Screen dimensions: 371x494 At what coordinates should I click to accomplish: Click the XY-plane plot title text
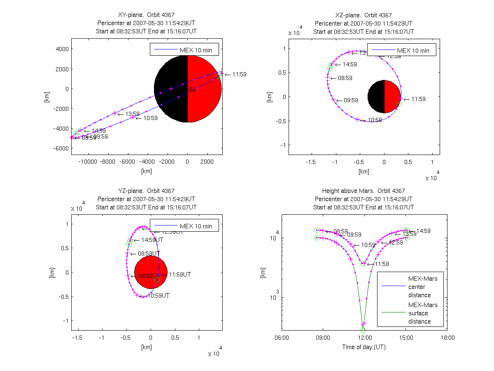pyautogui.click(x=147, y=15)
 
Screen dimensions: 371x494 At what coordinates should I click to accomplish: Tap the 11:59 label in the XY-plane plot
pyautogui.click(x=238, y=75)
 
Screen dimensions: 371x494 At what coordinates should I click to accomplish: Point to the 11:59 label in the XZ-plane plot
pyautogui.click(x=418, y=99)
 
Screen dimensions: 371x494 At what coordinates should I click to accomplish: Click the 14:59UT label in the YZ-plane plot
pyautogui.click(x=151, y=240)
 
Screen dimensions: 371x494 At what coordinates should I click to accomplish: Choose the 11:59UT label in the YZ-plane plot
pyautogui.click(x=180, y=274)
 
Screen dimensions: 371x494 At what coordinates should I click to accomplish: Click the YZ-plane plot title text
pyautogui.click(x=146, y=191)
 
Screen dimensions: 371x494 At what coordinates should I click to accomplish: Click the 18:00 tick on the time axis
pyautogui.click(x=447, y=338)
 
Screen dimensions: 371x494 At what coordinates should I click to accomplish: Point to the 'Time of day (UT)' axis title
pyautogui.click(x=364, y=347)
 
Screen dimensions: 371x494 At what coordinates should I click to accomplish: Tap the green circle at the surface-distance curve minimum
pyautogui.click(x=363, y=330)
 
